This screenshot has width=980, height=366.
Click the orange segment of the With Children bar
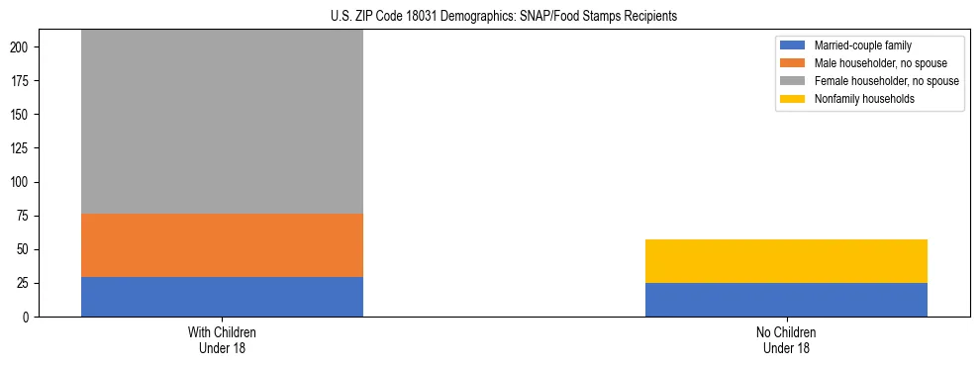click(222, 245)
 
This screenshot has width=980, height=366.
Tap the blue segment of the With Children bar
click(222, 297)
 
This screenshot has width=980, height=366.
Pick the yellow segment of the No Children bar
click(786, 261)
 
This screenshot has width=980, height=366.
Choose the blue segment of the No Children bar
click(786, 300)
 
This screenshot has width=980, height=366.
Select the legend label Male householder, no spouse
click(874, 63)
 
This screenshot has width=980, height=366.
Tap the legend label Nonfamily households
click(857, 99)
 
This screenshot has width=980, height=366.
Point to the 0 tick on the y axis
click(33, 318)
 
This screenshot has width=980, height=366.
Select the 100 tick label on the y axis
click(27, 183)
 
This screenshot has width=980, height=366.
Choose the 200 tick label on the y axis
click(27, 47)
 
